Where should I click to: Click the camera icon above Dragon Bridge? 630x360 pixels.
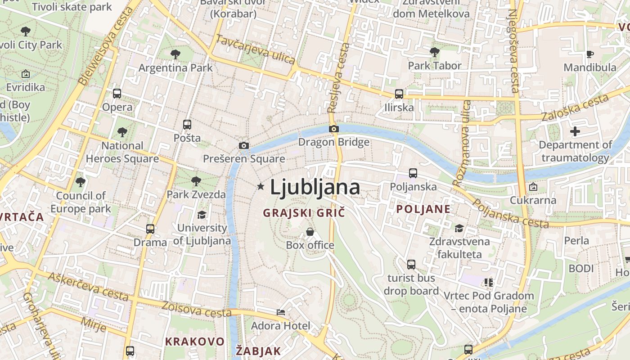click(x=333, y=129)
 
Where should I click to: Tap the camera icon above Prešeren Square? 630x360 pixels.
click(x=244, y=145)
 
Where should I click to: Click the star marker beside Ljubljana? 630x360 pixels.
click(x=260, y=186)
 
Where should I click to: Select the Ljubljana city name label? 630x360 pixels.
click(x=315, y=187)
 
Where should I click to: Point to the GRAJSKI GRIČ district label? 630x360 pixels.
click(x=304, y=213)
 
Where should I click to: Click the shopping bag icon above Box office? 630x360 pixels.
click(x=310, y=232)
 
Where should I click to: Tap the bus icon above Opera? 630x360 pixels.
click(x=117, y=94)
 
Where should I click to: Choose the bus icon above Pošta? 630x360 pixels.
click(x=187, y=125)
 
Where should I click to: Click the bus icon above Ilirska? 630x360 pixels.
click(x=399, y=94)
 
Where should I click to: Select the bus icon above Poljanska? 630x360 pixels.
click(x=413, y=173)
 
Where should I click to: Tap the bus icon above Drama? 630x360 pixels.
click(x=150, y=229)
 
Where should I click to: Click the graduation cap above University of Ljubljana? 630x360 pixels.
click(x=202, y=215)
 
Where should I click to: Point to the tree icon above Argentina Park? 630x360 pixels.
click(x=175, y=54)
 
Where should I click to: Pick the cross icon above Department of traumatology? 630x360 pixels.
click(x=575, y=132)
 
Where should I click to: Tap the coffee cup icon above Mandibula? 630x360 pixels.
click(x=590, y=54)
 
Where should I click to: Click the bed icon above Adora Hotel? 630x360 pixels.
click(x=281, y=312)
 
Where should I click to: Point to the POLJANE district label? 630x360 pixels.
click(x=423, y=209)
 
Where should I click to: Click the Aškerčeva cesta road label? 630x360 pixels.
click(x=88, y=287)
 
